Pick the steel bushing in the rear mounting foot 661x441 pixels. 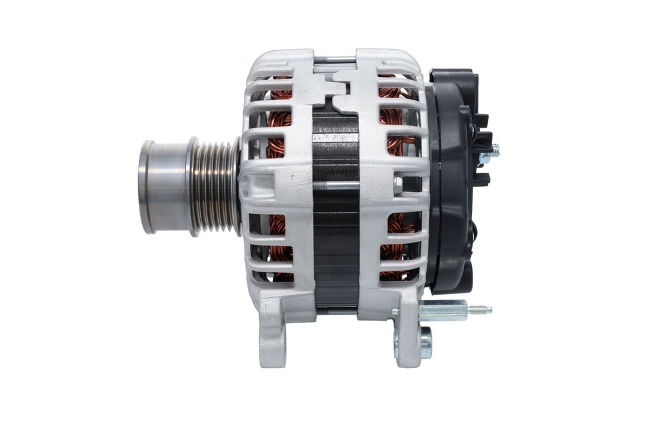point(425,343)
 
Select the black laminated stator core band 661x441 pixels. point(336,213)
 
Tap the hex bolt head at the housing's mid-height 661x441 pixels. point(398,186)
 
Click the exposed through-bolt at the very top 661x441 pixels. point(335,61)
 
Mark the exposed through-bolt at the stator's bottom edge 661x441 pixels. point(336,311)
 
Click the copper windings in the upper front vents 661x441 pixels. point(280,116)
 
